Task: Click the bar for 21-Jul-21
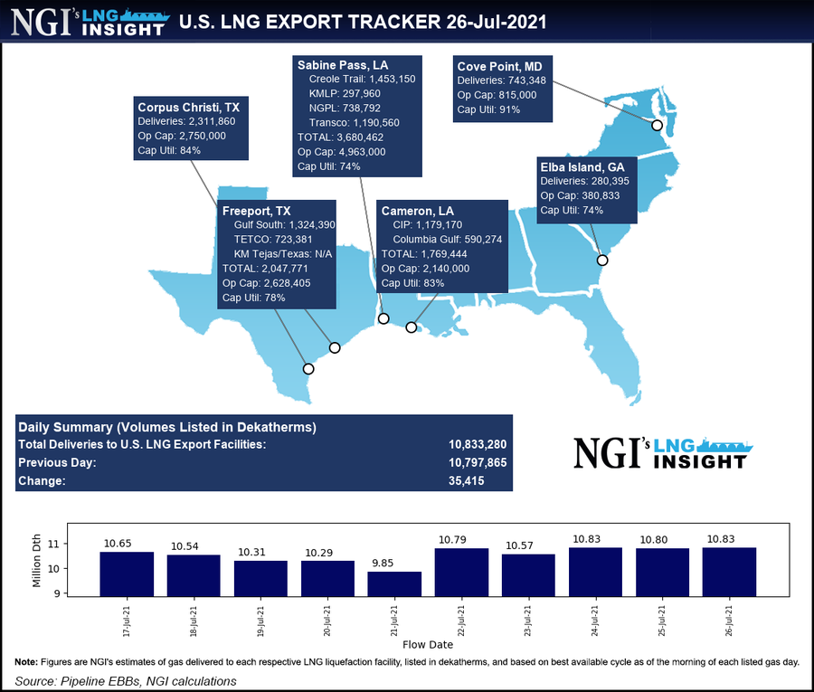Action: click(x=394, y=583)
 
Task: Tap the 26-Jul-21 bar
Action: click(x=729, y=572)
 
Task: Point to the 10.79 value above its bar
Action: click(x=461, y=540)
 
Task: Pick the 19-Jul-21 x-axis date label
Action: click(x=260, y=620)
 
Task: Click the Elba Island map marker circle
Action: click(x=602, y=261)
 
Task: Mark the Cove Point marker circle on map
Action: click(x=657, y=125)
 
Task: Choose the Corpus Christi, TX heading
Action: click(x=188, y=106)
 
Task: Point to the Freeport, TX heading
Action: click(x=257, y=211)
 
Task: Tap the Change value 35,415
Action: click(x=467, y=481)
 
